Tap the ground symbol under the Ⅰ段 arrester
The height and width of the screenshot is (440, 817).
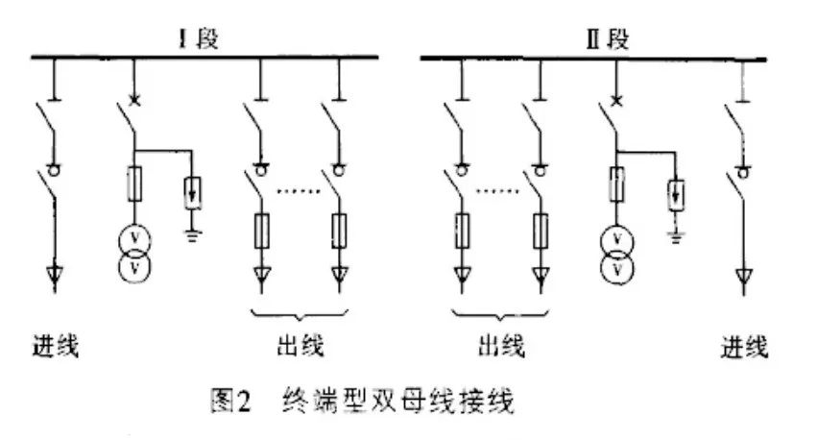coord(193,233)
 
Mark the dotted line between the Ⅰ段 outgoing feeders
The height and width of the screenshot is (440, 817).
coord(299,191)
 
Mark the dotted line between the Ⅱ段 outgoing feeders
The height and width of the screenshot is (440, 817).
coord(500,191)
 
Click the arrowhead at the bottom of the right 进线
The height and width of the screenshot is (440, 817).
coord(741,279)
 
